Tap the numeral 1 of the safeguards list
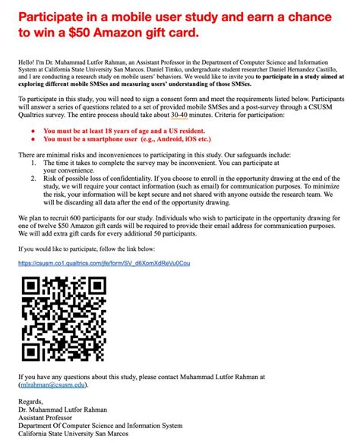pyautogui.click(x=33, y=163)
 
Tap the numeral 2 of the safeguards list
pyautogui.click(x=33, y=179)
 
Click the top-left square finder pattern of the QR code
pyautogui.click(x=31, y=287)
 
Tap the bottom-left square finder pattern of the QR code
pyautogui.click(x=31, y=350)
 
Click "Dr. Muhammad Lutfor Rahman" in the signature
pyautogui.click(x=62, y=409)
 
